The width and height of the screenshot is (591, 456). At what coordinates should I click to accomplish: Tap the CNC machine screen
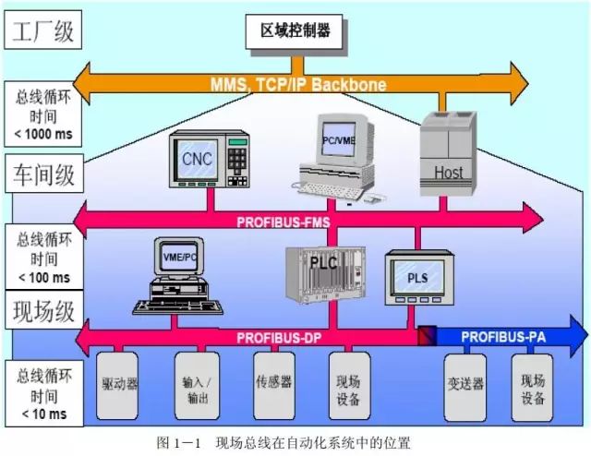(196, 160)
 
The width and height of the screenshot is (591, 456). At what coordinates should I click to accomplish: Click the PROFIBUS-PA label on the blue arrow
(499, 335)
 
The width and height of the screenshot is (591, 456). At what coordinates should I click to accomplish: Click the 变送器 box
(464, 383)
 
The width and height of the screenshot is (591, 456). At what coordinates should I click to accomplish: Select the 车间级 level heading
(42, 173)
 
